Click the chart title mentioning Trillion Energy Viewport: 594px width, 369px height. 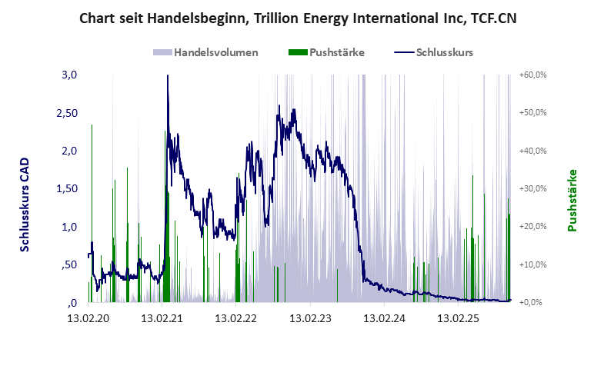tap(298, 18)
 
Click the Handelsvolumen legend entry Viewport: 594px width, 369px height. tap(215, 53)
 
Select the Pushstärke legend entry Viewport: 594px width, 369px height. tap(336, 53)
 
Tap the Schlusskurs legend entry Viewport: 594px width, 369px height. tap(444, 53)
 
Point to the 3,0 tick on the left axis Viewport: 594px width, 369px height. tap(69, 75)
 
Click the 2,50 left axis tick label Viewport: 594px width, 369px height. tap(66, 113)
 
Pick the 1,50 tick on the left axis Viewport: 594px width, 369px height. tap(66, 189)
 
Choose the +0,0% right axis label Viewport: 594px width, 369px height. tap(534, 303)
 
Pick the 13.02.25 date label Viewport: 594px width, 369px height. tap(458, 317)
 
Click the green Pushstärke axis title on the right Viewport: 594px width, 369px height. tap(572, 200)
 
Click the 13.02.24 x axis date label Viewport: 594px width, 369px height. tap(384, 317)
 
